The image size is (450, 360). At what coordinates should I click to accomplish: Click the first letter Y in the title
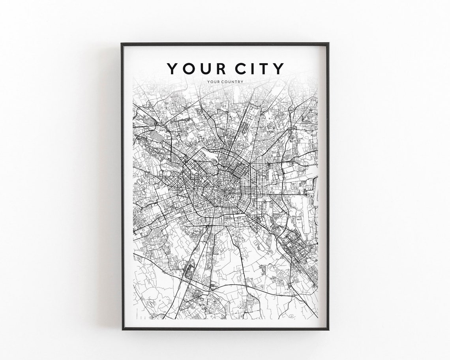tap(172, 68)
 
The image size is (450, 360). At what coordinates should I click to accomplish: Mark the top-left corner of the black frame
tap(122, 44)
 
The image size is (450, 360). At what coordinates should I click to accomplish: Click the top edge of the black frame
tap(225, 44)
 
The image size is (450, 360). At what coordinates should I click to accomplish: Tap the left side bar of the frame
tap(122, 186)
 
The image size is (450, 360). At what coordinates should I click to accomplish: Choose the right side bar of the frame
tap(327, 186)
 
